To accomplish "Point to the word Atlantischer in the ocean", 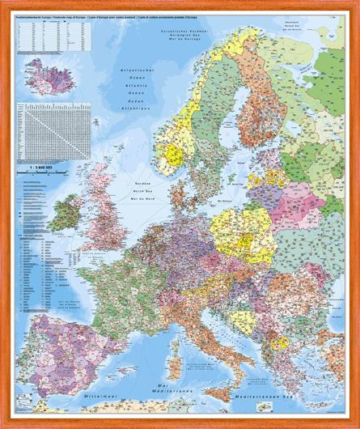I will pyautogui.click(x=134, y=72).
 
